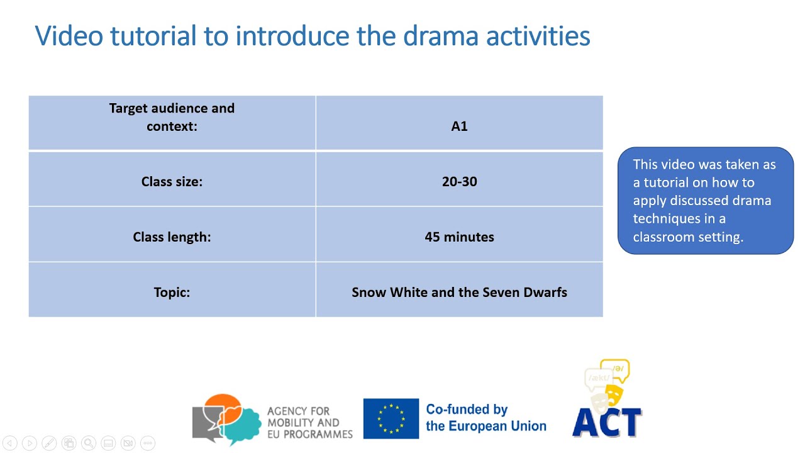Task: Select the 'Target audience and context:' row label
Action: (172, 117)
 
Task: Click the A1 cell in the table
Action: (459, 126)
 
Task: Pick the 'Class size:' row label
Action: (172, 182)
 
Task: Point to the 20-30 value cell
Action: (459, 182)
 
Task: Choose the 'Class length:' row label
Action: (172, 237)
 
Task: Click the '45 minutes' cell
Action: (459, 237)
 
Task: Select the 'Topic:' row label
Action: (172, 293)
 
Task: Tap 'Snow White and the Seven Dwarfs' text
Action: (459, 293)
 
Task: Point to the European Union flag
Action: (391, 418)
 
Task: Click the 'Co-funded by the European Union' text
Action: (486, 418)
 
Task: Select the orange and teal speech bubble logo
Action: (226, 418)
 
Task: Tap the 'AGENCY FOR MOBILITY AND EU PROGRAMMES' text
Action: (309, 423)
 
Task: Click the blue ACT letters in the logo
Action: (607, 422)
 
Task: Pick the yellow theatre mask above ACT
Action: (614, 394)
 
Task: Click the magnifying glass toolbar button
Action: (89, 443)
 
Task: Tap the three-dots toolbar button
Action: (147, 443)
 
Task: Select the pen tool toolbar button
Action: (49, 443)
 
